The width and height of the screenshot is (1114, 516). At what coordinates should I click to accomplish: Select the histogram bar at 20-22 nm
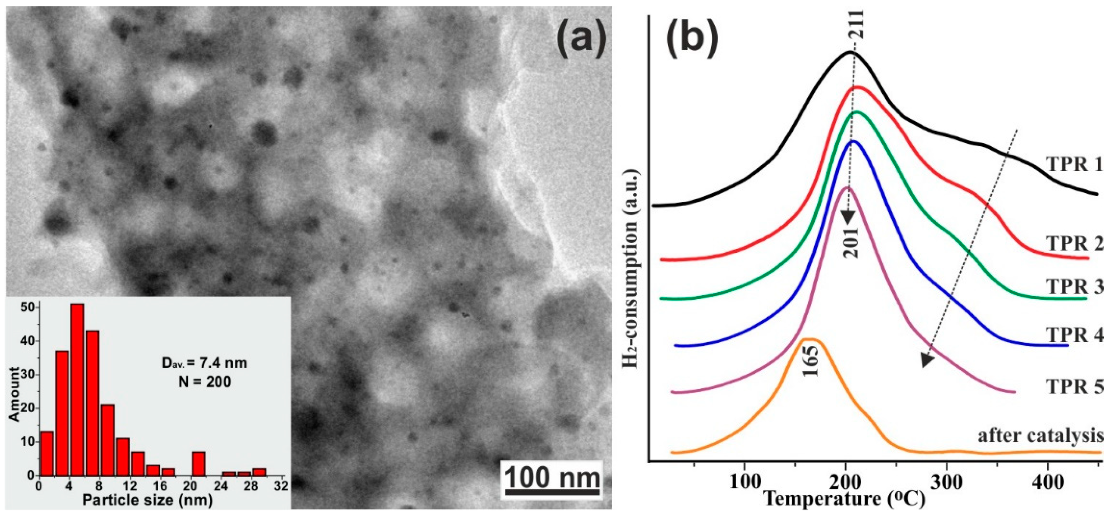[x=198, y=463]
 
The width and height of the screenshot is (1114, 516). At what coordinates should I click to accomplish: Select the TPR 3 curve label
[x=1074, y=287]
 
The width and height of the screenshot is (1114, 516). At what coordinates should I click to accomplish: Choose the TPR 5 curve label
[x=1074, y=386]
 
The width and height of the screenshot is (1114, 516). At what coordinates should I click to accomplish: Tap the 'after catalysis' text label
[x=1040, y=436]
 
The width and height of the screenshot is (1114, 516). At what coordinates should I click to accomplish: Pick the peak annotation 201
[x=852, y=242]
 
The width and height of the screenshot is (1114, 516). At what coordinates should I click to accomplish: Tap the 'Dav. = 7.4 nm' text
[x=204, y=363]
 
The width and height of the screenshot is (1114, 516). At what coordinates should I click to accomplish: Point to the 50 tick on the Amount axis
[x=27, y=307]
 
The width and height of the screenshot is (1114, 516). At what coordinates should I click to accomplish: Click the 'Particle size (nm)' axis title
[x=147, y=500]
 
